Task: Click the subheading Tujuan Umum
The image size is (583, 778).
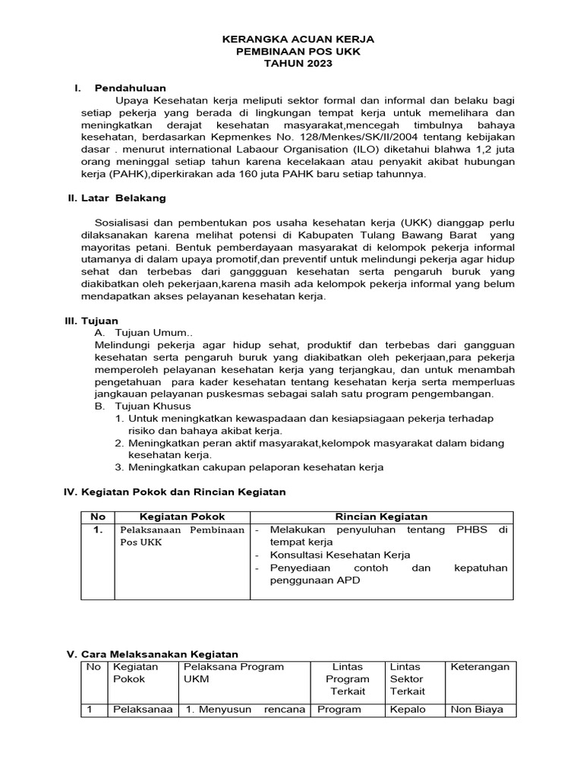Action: tap(154, 333)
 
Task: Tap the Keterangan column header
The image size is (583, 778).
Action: tap(480, 666)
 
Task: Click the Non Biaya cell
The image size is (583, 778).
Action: tap(482, 710)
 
